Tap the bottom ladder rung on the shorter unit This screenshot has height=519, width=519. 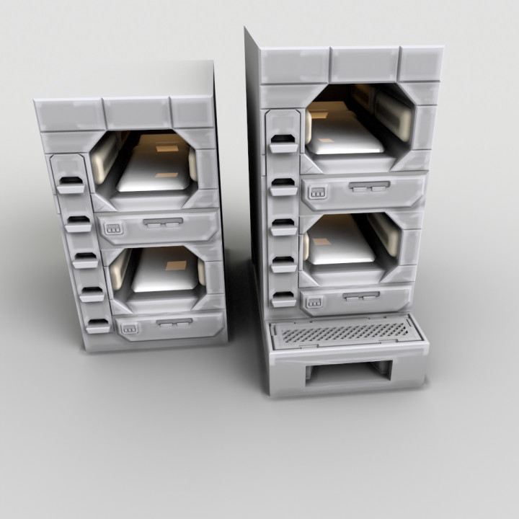point(97,325)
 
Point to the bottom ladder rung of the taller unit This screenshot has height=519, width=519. point(284,298)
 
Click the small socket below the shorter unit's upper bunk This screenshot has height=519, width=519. point(112,229)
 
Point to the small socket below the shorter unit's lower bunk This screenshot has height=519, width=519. point(130,330)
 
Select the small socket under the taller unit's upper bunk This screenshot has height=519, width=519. point(316,192)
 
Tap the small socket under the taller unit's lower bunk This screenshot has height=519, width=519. point(314,303)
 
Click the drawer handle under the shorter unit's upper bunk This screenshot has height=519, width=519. point(163,223)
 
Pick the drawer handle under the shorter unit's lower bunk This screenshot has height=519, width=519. point(173,322)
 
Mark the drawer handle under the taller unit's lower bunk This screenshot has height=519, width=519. point(360,296)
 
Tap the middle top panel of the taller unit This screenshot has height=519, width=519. point(364,65)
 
